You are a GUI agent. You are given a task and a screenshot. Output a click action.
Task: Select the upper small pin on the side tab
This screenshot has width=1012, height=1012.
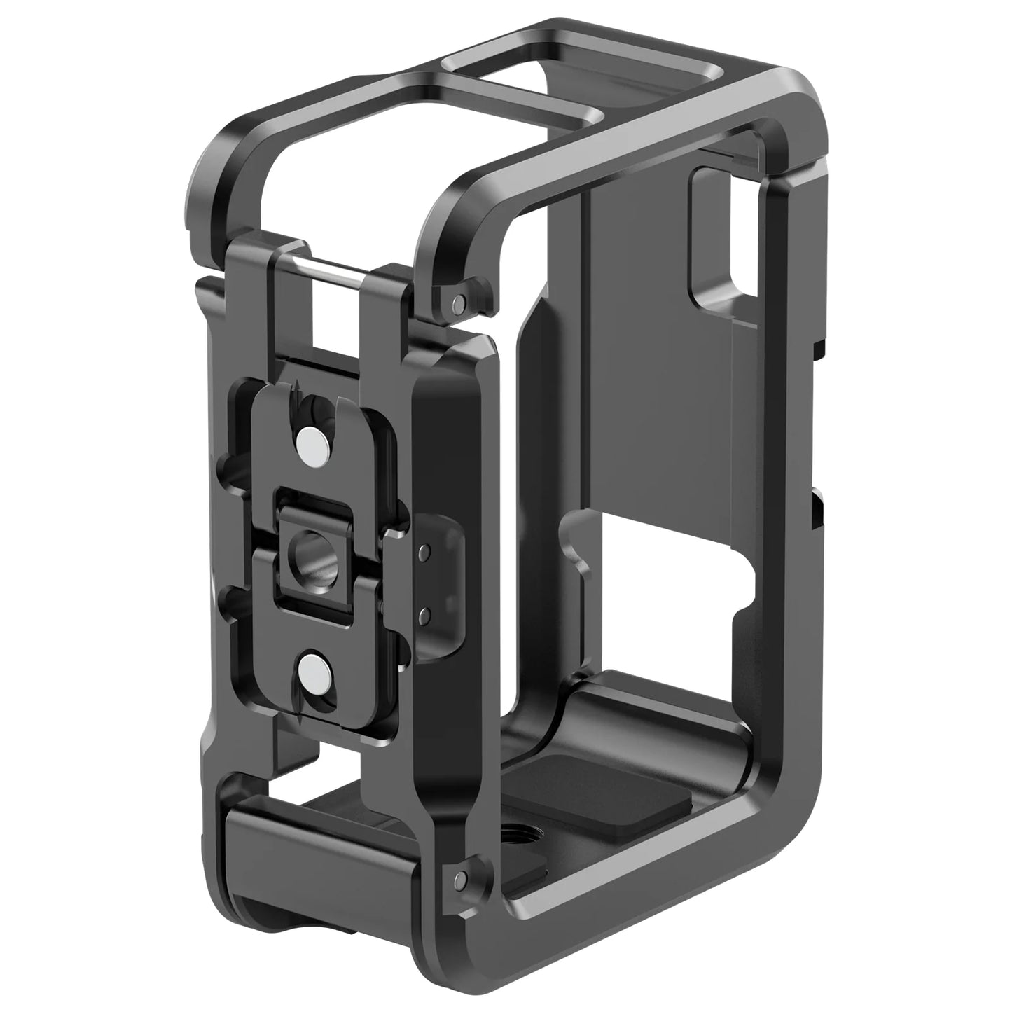point(423,552)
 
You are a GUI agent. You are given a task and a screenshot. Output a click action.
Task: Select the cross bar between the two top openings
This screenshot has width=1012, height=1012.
point(518,98)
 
